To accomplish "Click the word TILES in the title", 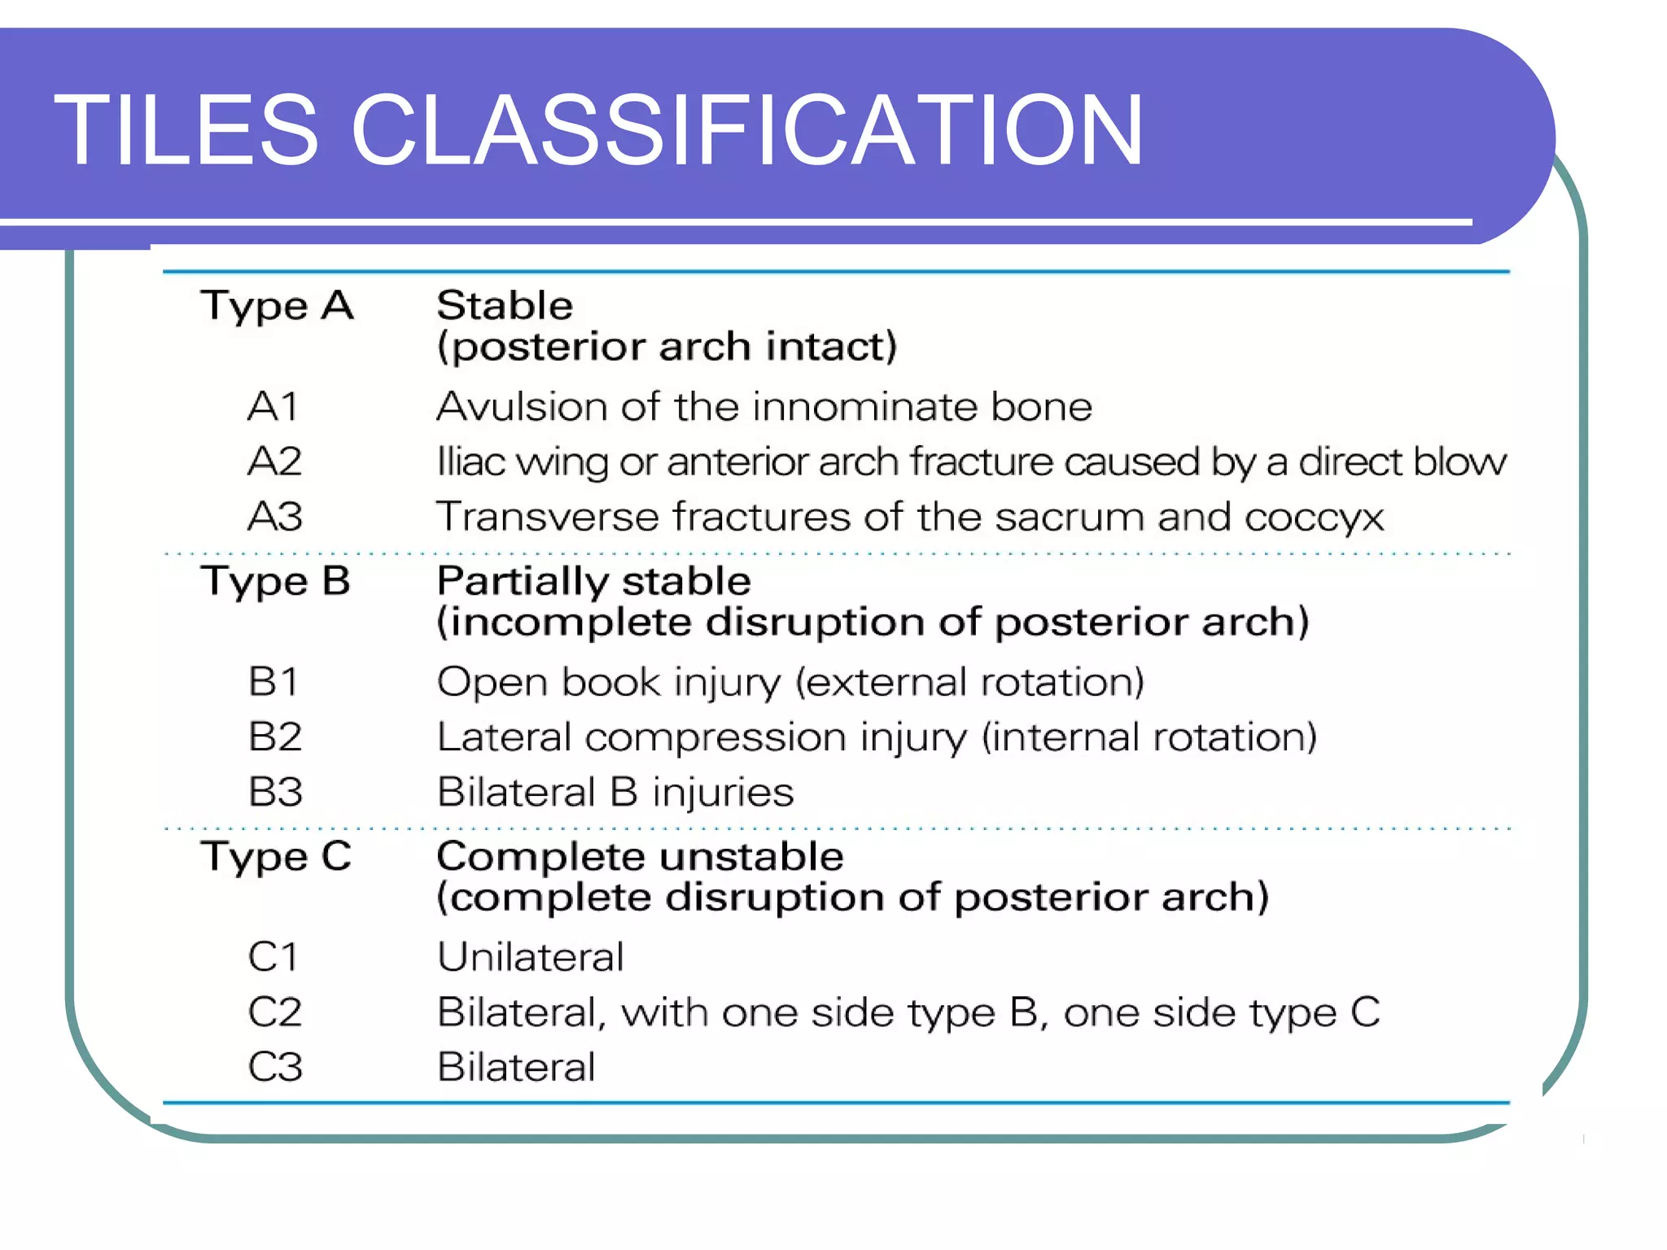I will pyautogui.click(x=186, y=130).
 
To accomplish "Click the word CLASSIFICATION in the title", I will pyautogui.click(x=746, y=130).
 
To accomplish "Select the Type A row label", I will pyautogui.click(x=277, y=306).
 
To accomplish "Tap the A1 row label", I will pyautogui.click(x=273, y=406).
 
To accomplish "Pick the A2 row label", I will pyautogui.click(x=275, y=461).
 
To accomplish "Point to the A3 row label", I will pyautogui.click(x=275, y=517).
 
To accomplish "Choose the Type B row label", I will pyautogui.click(x=275, y=582).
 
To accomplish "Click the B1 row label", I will pyautogui.click(x=273, y=682).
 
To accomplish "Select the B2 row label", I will pyautogui.click(x=275, y=737).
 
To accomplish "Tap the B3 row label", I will pyautogui.click(x=275, y=792).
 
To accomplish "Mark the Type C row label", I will pyautogui.click(x=276, y=857).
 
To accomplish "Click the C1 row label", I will pyautogui.click(x=273, y=957).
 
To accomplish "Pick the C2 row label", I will pyautogui.click(x=275, y=1012).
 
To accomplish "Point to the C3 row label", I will pyautogui.click(x=275, y=1067).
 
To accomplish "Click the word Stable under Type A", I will pyautogui.click(x=505, y=306).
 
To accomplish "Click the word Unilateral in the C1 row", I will pyautogui.click(x=531, y=957).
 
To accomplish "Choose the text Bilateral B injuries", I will pyautogui.click(x=615, y=792).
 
